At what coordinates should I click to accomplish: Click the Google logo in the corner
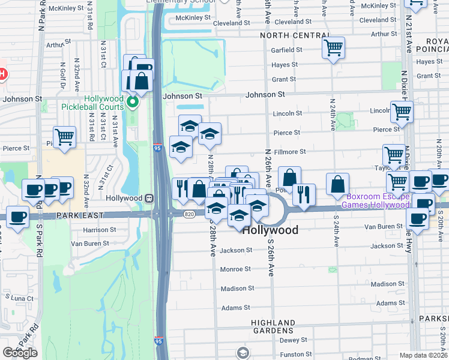(x=20, y=353)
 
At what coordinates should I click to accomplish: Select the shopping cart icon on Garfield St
(x=333, y=47)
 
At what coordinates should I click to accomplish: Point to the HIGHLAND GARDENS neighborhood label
(x=273, y=326)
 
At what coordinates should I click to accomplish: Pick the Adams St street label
(x=235, y=308)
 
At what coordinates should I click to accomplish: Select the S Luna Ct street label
(x=20, y=298)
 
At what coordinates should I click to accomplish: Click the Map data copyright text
(x=424, y=355)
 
